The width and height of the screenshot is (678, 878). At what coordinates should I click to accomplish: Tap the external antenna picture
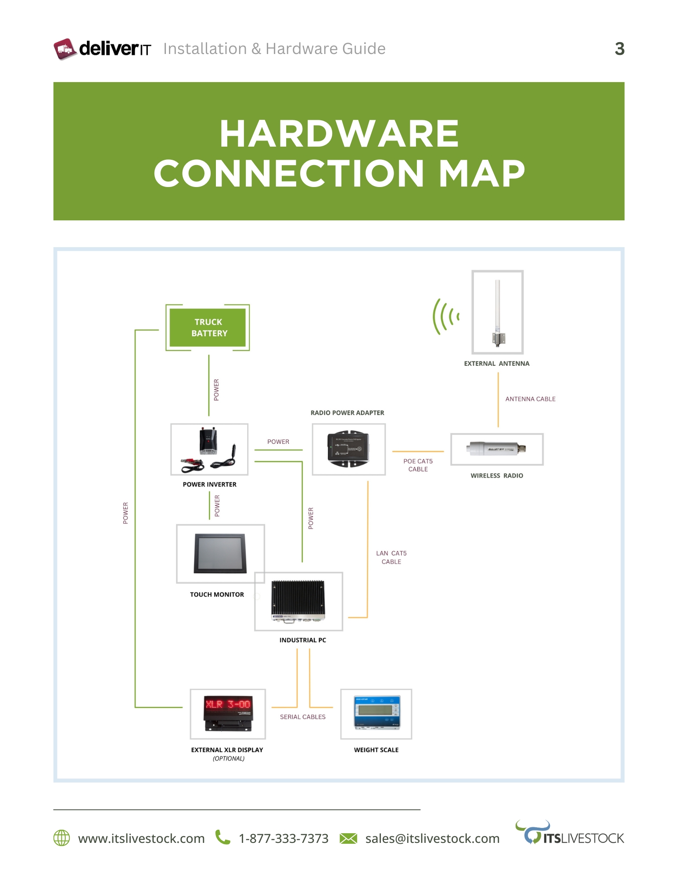pos(497,312)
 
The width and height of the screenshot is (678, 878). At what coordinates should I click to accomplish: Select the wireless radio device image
pos(496,449)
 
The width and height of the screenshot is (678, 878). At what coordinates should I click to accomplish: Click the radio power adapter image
pos(348,449)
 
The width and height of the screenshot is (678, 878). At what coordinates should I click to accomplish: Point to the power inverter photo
pos(209,449)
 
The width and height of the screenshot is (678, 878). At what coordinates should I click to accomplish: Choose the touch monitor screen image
pos(220,553)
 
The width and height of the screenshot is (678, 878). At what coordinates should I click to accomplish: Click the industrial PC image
pos(298,601)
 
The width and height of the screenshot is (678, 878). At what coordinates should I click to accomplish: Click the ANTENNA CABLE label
pos(530,399)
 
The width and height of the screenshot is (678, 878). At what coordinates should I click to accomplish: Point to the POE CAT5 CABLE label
pos(418,465)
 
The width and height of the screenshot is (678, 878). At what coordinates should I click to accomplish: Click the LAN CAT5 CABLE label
pos(391,558)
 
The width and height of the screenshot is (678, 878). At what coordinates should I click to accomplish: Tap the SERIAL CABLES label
pos(303,717)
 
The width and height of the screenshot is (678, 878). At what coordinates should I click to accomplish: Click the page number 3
pos(619,49)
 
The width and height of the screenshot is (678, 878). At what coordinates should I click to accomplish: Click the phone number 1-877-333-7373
pos(283,838)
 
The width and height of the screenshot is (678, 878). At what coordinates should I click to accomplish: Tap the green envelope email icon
pos(348,838)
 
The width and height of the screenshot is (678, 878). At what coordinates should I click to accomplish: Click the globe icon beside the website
pos(61,838)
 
